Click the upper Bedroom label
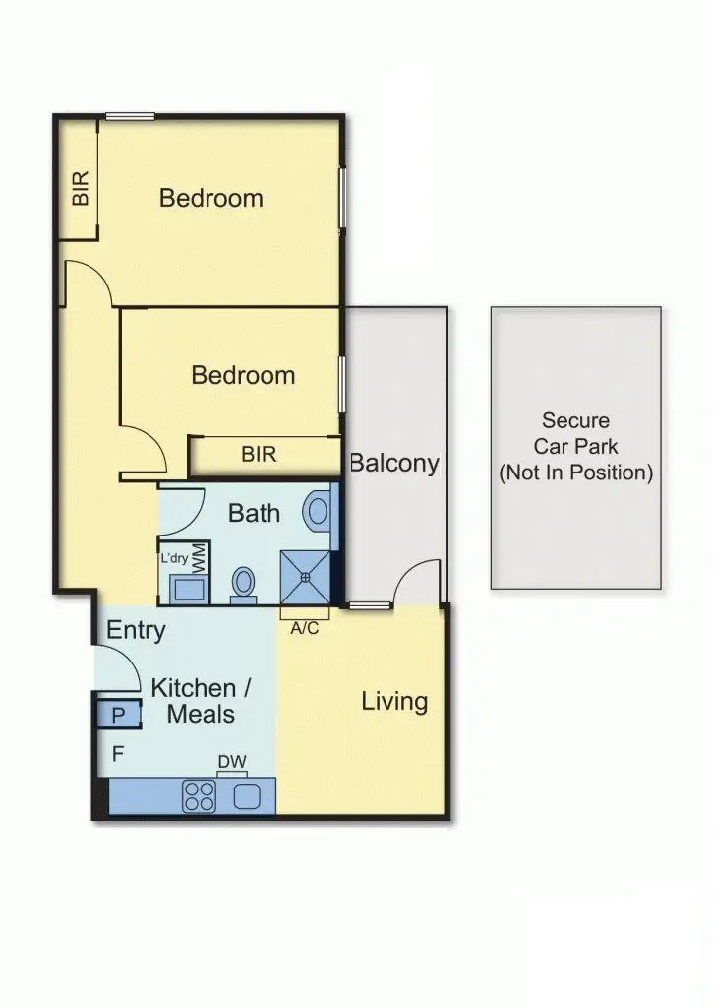tap(211, 198)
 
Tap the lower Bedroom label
tap(243, 375)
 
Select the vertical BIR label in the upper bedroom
tap(81, 188)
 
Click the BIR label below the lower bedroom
tap(259, 455)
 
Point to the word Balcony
tap(393, 463)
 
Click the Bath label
tap(254, 513)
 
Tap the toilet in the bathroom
tap(243, 584)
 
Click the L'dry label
tap(174, 557)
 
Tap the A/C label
tap(305, 628)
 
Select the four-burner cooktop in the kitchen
tap(200, 796)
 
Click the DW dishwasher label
tap(231, 761)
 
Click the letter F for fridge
tap(117, 755)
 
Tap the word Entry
tap(136, 630)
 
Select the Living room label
tap(394, 701)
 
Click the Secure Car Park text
tap(575, 447)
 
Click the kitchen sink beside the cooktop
tap(246, 796)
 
